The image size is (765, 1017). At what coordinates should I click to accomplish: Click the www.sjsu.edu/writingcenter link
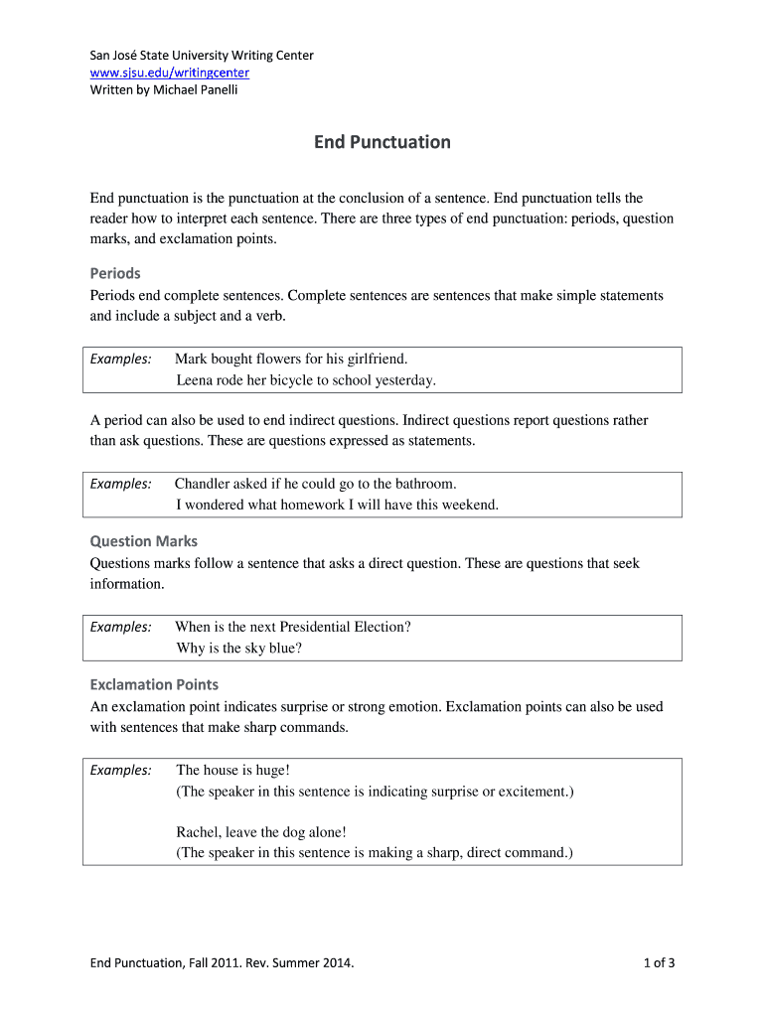[x=170, y=73]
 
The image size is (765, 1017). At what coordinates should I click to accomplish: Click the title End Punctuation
[x=382, y=142]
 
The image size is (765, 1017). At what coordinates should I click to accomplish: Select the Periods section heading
[x=115, y=273]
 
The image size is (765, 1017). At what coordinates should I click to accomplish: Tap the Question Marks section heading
[x=144, y=541]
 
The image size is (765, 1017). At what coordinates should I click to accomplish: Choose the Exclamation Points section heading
[x=154, y=684]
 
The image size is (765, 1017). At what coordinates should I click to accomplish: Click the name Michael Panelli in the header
[x=195, y=90]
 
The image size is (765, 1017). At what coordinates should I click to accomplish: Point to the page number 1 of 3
[x=660, y=962]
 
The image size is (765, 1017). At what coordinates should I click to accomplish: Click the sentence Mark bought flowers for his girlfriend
[x=291, y=359]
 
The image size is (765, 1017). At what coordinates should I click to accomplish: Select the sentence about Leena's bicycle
[x=306, y=380]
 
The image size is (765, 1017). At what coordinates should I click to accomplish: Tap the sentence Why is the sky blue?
[x=239, y=649]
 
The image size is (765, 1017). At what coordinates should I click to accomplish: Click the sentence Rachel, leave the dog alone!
[x=261, y=832]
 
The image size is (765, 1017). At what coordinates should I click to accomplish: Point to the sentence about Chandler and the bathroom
[x=316, y=484]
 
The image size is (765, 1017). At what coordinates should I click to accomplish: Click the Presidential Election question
[x=293, y=627]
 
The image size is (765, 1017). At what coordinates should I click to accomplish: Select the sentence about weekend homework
[x=338, y=505]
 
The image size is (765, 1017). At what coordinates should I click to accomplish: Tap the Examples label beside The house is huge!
[x=121, y=771]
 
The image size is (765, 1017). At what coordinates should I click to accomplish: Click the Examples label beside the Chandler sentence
[x=121, y=484]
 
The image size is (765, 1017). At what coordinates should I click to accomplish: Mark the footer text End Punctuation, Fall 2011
[x=222, y=962]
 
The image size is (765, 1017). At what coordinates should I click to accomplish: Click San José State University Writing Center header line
[x=202, y=56]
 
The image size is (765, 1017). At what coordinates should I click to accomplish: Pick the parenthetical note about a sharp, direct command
[x=375, y=852]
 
